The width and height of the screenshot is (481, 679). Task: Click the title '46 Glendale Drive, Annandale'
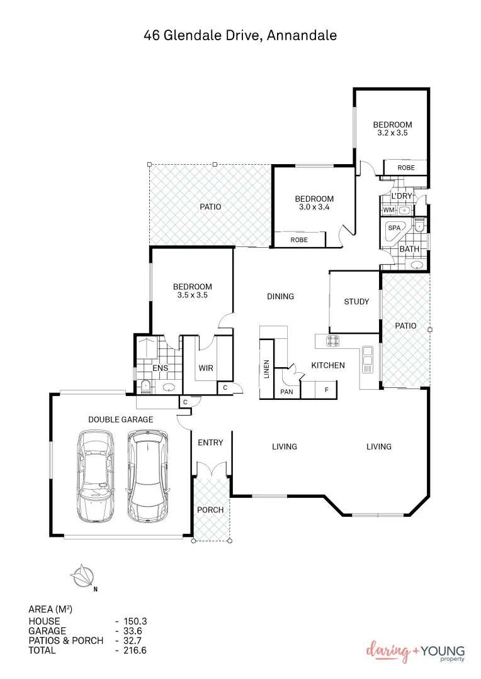241,36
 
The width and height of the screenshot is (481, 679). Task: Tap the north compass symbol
82,575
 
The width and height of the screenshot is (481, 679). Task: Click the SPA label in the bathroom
394,228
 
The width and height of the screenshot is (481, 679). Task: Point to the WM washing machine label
388,210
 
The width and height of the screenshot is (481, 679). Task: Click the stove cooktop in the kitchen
332,341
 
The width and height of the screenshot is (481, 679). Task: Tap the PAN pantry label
286,391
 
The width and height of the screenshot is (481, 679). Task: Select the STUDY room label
356,302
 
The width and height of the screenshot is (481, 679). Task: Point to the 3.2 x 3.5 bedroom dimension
392,133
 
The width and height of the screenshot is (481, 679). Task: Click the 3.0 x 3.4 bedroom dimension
314,207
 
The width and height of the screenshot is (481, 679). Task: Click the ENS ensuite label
160,368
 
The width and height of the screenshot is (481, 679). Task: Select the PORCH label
210,509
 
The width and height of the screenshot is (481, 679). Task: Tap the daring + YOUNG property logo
416,652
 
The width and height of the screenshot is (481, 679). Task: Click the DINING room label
280,297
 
